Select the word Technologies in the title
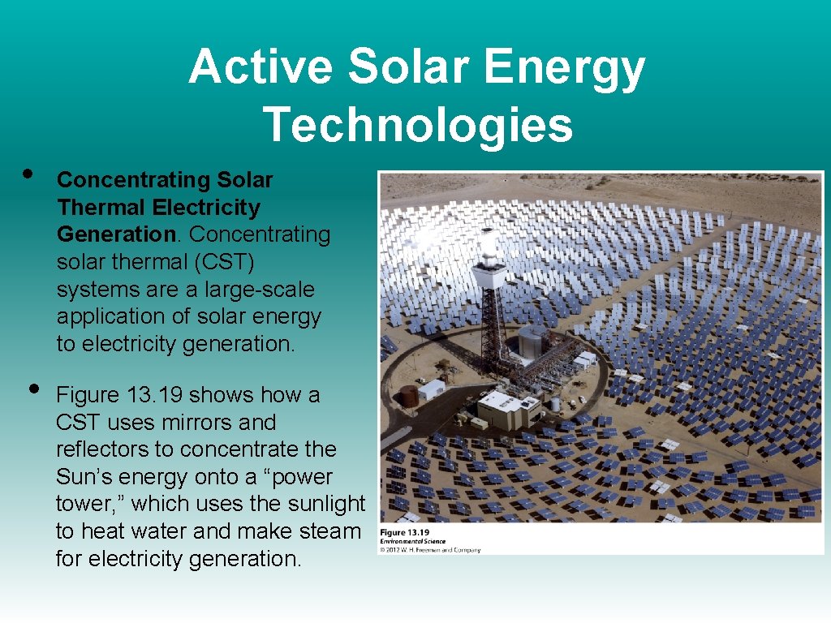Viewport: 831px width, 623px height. (x=417, y=125)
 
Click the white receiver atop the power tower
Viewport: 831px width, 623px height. (x=489, y=247)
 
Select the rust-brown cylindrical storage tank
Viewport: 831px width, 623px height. (x=409, y=396)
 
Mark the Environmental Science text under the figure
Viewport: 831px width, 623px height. (x=413, y=542)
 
